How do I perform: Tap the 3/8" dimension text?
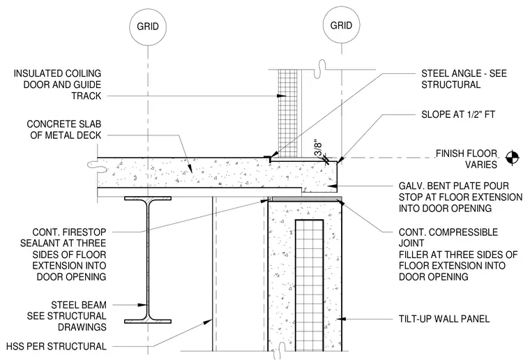click(x=319, y=148)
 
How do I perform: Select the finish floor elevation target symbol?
click(x=512, y=158)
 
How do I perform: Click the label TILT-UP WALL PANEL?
click(x=444, y=319)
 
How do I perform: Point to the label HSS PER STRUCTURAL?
click(x=56, y=346)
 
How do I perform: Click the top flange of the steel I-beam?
click(x=148, y=198)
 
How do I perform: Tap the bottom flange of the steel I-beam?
click(x=148, y=322)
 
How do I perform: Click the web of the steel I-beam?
click(x=148, y=260)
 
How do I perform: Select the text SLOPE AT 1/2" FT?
click(x=458, y=114)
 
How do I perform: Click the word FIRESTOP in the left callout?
click(x=84, y=232)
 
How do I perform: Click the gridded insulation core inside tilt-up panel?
click(x=309, y=285)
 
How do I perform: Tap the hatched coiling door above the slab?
click(x=287, y=114)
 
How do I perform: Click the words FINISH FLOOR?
click(x=467, y=153)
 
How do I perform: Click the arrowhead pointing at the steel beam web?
click(x=143, y=305)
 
